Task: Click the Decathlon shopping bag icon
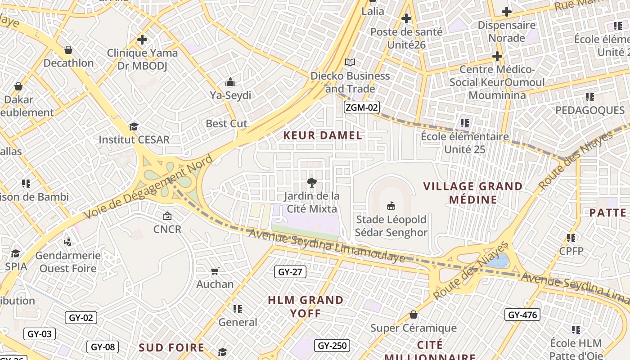click(68, 49)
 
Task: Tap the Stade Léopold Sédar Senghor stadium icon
click(391, 206)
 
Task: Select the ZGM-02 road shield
click(361, 107)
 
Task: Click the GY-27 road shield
click(290, 272)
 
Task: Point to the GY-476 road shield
click(522, 315)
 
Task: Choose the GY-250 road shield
click(332, 346)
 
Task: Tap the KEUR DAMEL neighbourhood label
click(323, 135)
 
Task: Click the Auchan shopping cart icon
click(215, 271)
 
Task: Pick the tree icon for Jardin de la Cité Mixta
click(311, 182)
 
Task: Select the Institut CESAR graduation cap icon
click(134, 126)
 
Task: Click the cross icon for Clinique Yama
click(142, 40)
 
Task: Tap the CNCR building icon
click(167, 216)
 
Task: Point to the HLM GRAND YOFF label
click(306, 306)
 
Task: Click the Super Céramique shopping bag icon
click(413, 315)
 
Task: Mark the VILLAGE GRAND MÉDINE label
click(473, 193)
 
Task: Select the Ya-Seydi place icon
click(230, 82)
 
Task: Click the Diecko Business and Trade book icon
click(350, 62)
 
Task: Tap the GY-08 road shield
click(103, 347)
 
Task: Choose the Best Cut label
click(226, 123)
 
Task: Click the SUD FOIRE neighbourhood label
click(171, 347)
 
